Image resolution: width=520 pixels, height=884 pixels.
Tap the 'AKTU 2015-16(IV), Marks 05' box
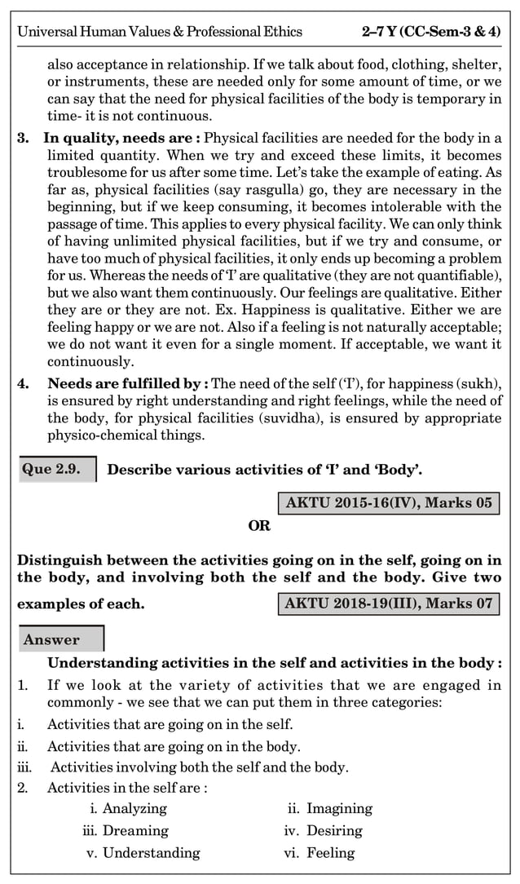tap(389, 502)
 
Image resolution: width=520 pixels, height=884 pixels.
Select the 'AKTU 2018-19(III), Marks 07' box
tap(389, 604)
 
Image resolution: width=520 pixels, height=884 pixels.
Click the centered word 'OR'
tap(259, 526)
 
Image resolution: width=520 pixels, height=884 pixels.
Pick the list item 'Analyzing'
tap(134, 809)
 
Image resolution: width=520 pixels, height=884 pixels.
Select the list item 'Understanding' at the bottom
tap(151, 853)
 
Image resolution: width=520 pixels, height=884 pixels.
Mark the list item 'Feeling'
tap(330, 853)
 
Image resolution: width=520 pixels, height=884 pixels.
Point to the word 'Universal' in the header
tap(47, 33)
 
